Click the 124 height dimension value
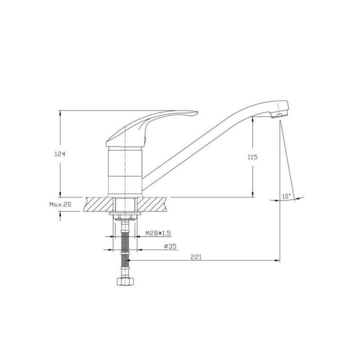[60, 154]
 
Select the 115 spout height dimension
[252, 157]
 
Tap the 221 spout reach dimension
[196, 257]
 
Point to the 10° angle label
[286, 196]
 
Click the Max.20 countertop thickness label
[60, 204]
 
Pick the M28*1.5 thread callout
[158, 233]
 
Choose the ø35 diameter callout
[170, 246]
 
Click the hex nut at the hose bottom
[125, 282]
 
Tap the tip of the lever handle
[198, 112]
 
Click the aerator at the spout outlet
[278, 115]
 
